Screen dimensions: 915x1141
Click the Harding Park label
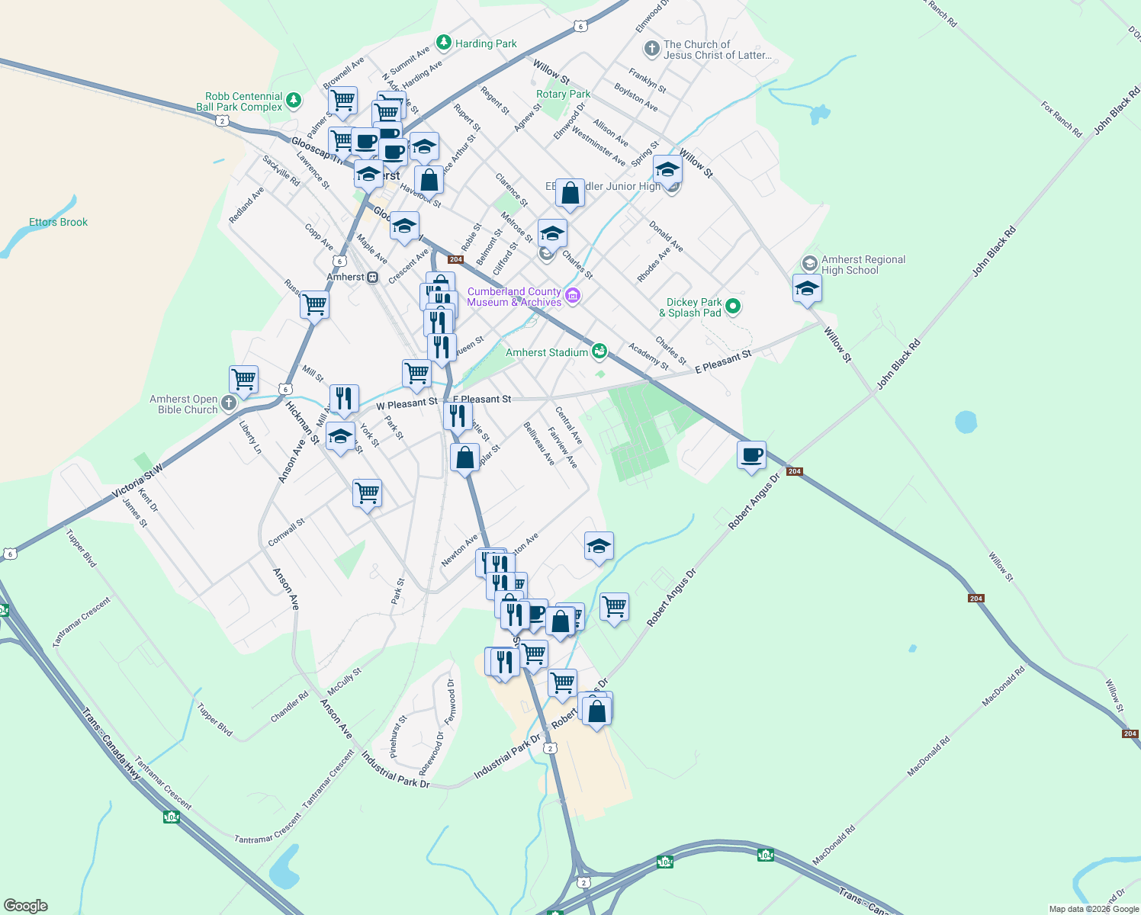point(485,43)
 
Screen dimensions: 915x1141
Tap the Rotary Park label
point(563,94)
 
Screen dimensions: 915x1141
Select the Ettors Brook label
point(58,222)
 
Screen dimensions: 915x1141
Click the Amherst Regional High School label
point(863,265)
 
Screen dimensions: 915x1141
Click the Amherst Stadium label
point(547,352)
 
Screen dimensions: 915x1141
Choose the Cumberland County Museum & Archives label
point(514,297)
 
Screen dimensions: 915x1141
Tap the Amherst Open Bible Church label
point(184,404)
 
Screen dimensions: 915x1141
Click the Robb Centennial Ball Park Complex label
point(239,101)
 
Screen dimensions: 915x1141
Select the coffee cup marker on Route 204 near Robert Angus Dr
point(751,455)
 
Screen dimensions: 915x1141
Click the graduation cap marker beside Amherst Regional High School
point(807,289)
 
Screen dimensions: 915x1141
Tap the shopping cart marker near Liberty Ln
point(243,378)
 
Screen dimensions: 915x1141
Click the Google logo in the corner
point(25,905)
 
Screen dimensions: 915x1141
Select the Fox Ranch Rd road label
point(1062,118)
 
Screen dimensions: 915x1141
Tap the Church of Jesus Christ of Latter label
point(717,50)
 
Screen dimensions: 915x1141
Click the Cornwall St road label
point(286,532)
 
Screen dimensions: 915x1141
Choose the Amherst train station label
point(346,277)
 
